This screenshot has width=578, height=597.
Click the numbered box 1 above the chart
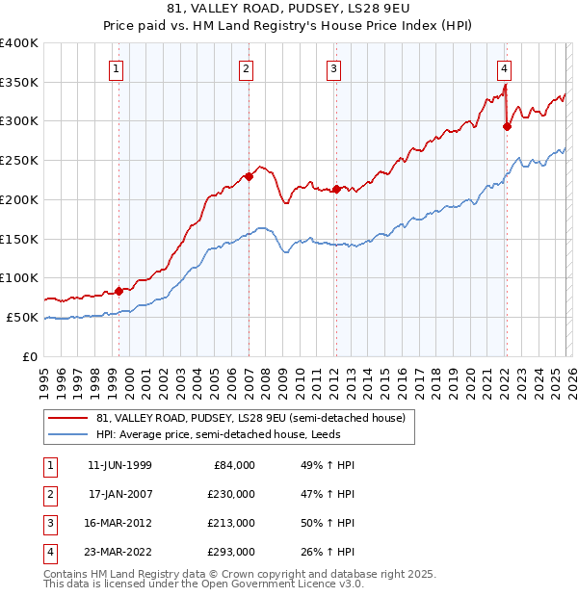pyautogui.click(x=117, y=68)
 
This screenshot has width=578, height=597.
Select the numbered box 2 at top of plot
pyautogui.click(x=247, y=68)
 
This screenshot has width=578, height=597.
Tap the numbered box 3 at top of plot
pyautogui.click(x=333, y=68)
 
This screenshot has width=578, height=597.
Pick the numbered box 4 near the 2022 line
pyautogui.click(x=504, y=68)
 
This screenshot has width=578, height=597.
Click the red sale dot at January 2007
pyautogui.click(x=249, y=176)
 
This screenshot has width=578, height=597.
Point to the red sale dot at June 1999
pyautogui.click(x=119, y=291)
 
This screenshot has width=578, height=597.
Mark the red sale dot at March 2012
pyautogui.click(x=336, y=189)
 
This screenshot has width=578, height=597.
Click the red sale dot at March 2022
pyautogui.click(x=507, y=126)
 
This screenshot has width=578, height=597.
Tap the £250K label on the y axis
pyautogui.click(x=19, y=161)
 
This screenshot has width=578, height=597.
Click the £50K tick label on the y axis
pyautogui.click(x=23, y=317)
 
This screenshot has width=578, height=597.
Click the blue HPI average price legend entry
pyautogui.click(x=231, y=434)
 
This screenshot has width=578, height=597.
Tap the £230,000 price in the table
pyautogui.click(x=231, y=494)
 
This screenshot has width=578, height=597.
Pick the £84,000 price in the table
pyautogui.click(x=234, y=465)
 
